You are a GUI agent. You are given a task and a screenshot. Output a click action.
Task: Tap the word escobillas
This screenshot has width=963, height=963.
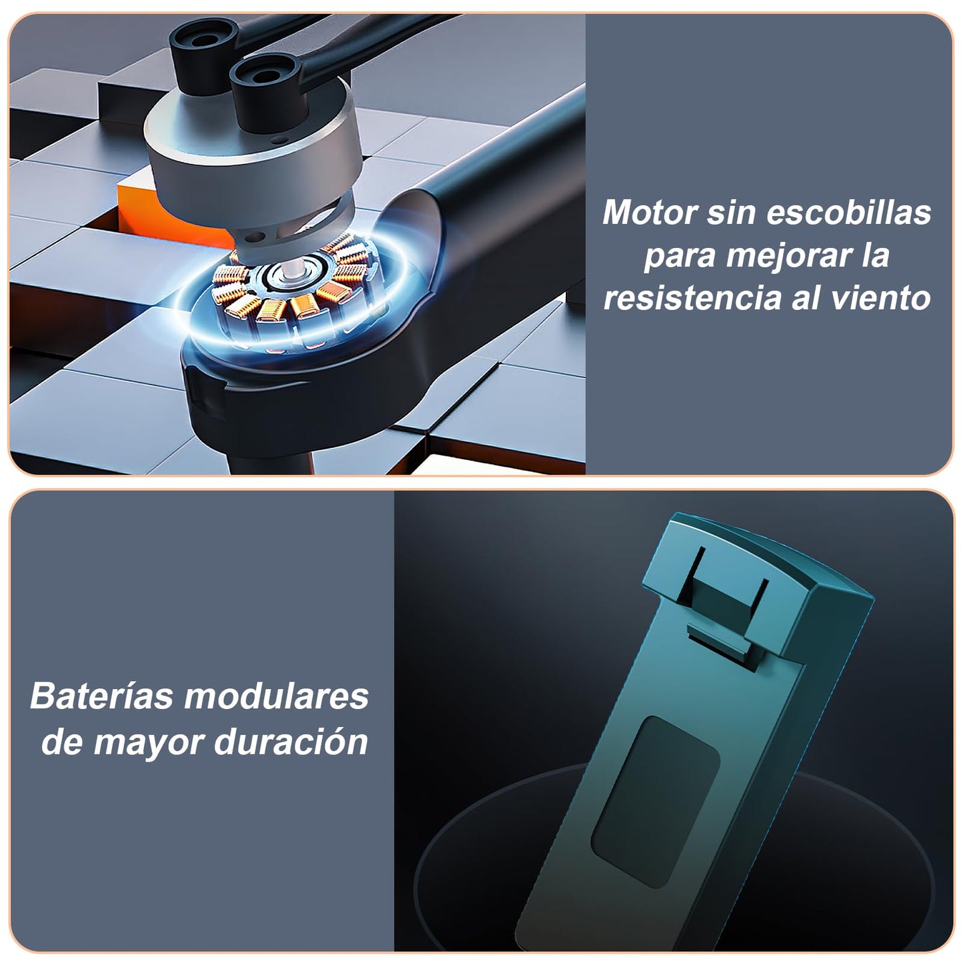click(848, 213)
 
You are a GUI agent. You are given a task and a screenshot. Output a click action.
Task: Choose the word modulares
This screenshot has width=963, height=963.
click(277, 696)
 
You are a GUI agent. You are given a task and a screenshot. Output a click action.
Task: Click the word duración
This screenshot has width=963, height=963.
click(291, 742)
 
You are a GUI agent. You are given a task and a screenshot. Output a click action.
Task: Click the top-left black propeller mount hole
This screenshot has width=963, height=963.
click(203, 39)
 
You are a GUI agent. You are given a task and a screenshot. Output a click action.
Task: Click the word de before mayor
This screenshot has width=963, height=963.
click(62, 742)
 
